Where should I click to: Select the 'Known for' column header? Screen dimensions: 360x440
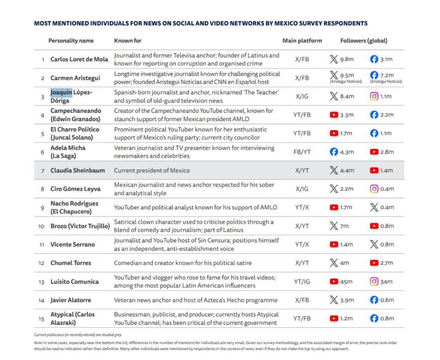(x=128, y=41)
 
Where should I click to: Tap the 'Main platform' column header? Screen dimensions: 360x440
(x=302, y=41)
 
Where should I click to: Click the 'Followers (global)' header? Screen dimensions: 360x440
(x=364, y=41)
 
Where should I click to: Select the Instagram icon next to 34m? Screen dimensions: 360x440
(x=374, y=282)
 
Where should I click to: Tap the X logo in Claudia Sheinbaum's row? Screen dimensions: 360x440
(x=333, y=170)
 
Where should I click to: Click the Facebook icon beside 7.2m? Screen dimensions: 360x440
(x=374, y=75)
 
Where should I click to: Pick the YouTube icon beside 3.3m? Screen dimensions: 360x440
(x=333, y=115)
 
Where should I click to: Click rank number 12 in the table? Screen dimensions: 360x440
(x=42, y=263)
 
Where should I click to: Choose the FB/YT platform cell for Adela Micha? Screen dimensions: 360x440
(x=302, y=152)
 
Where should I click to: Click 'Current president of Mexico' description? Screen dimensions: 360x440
(x=152, y=170)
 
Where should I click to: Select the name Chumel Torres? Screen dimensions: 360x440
(x=70, y=263)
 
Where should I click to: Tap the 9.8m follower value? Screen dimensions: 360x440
(x=347, y=60)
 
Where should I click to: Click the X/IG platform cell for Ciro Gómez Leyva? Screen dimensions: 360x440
(x=302, y=189)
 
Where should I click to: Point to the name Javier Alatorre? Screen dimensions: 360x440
(x=70, y=300)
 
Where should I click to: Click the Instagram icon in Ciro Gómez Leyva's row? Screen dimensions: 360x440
(x=374, y=189)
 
